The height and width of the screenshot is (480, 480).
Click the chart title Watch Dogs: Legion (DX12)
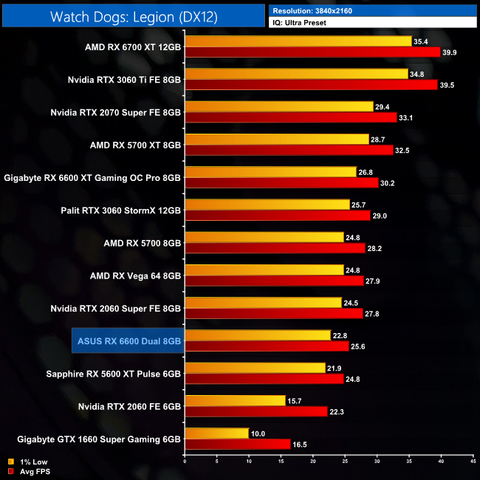point(134,16)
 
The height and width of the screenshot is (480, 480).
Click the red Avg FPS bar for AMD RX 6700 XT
point(312,52)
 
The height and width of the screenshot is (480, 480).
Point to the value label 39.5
point(450,85)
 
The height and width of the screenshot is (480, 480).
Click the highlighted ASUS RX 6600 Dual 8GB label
point(127,340)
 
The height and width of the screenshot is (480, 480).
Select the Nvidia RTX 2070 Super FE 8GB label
point(115,112)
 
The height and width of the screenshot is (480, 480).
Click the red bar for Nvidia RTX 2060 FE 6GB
point(256,411)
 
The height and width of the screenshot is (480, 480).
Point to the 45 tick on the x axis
point(473,464)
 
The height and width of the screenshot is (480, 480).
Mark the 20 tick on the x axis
point(312,464)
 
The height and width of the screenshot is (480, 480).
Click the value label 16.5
point(302,445)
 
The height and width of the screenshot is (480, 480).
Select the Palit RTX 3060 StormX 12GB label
point(121,210)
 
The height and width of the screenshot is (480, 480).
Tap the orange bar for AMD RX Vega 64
point(264,270)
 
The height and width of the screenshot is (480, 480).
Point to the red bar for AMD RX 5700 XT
point(289,150)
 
